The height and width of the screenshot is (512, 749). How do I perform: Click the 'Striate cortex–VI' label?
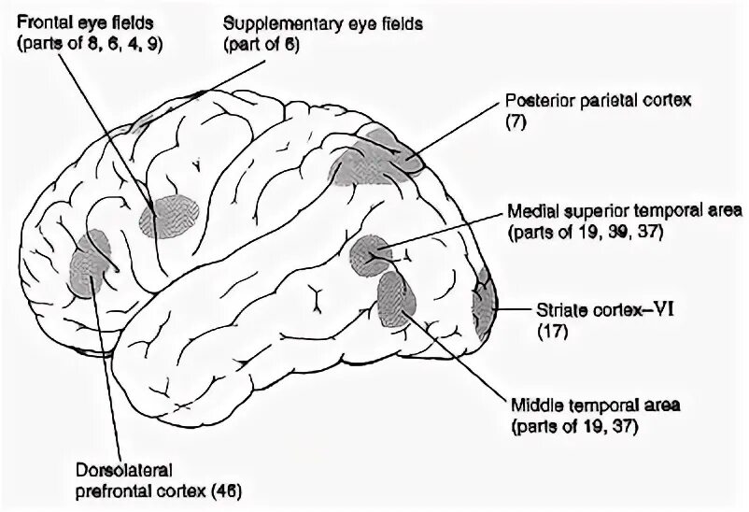601,310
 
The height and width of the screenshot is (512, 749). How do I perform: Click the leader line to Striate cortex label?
513,309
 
